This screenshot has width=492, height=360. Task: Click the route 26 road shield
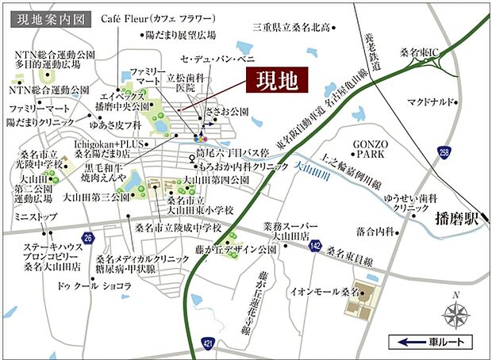(88, 238)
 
